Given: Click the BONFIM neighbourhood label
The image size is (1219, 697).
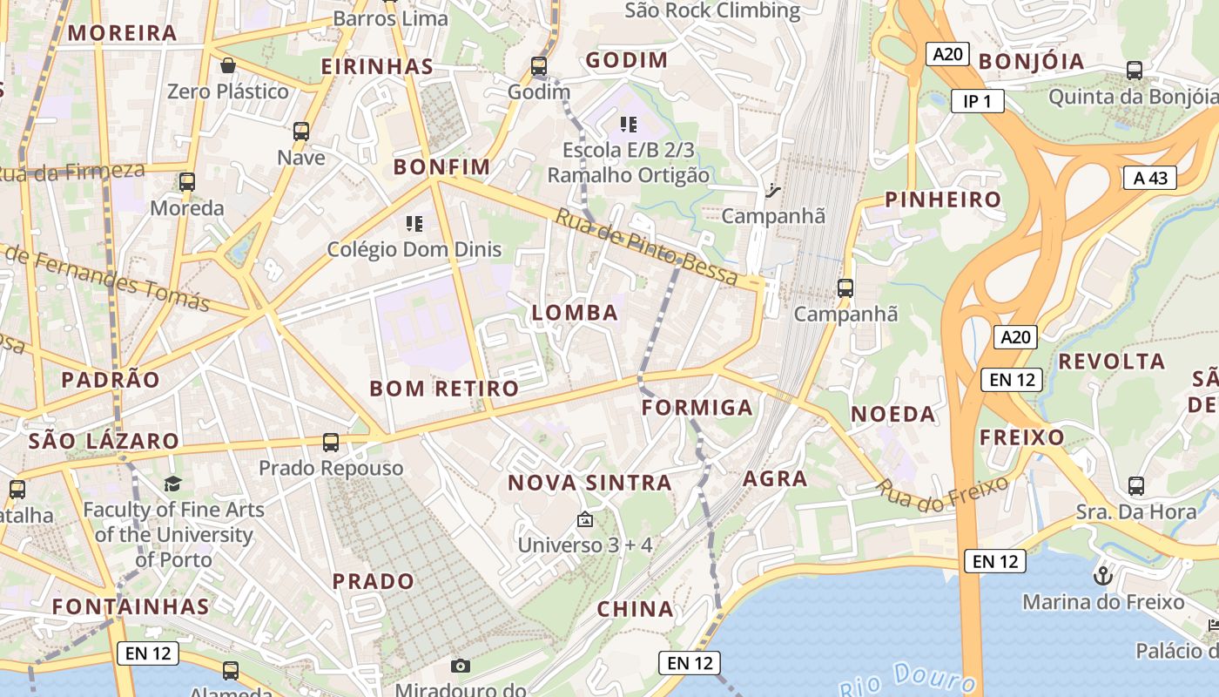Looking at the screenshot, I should click(x=442, y=166).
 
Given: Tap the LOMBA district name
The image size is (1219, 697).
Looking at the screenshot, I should click(x=575, y=313).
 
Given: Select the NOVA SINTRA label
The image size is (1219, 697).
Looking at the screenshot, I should click(x=589, y=483).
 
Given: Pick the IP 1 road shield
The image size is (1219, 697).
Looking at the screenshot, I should click(x=977, y=101).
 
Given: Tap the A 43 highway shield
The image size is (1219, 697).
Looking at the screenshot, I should click(x=1149, y=178).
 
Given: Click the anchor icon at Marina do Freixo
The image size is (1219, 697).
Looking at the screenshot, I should click(x=1103, y=576).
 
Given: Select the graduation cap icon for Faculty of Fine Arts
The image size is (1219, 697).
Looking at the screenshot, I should click(x=172, y=484).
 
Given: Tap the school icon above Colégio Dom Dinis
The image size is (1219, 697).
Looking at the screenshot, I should click(x=414, y=224).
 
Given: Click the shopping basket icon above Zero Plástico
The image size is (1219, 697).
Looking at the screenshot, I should click(x=227, y=65).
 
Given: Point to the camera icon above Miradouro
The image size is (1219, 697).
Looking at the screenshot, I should click(x=461, y=667).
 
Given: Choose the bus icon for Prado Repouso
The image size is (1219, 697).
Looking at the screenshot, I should click(x=331, y=443).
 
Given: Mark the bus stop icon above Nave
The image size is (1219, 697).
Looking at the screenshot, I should click(x=301, y=132).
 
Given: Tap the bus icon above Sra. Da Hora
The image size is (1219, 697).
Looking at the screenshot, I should click(x=1135, y=486).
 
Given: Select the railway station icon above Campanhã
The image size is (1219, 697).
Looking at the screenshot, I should click(x=772, y=189).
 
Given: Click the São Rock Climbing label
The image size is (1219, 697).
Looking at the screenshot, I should click(x=713, y=10).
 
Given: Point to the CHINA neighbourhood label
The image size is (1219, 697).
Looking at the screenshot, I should click(x=636, y=610).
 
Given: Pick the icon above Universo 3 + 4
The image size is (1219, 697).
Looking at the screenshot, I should click(x=585, y=520).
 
